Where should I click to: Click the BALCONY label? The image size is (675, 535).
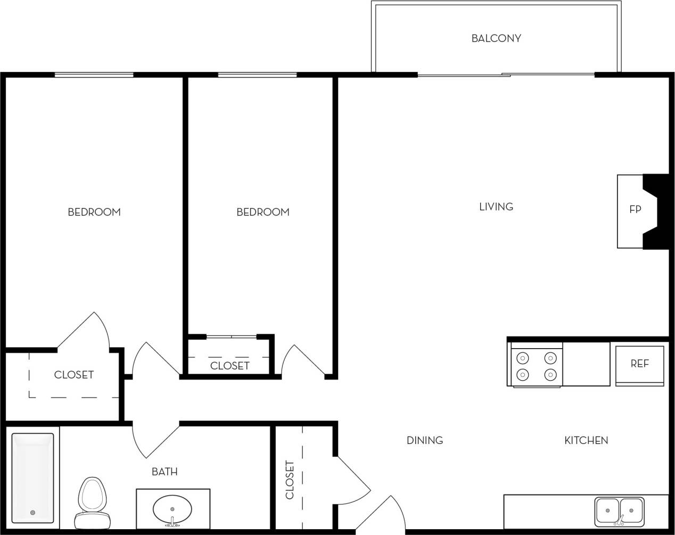point(496,38)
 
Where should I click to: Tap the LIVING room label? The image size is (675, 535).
point(496,207)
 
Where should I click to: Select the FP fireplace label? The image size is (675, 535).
point(635,209)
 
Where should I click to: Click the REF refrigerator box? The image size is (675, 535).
point(639,365)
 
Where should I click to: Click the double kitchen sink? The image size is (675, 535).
point(619,510)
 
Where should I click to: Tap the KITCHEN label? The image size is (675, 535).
point(586,440)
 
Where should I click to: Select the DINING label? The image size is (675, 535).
point(424,440)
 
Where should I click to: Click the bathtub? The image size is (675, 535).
point(33,478)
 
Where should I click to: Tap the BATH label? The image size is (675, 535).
point(164,472)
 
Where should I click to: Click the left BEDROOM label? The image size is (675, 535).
point(94,212)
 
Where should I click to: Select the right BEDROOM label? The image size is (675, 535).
point(262,212)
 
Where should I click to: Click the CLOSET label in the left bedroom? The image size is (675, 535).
point(73,375)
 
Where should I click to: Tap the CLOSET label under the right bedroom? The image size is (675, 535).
point(229,366)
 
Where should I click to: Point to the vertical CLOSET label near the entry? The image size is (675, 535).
point(290,479)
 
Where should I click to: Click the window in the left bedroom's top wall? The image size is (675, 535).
point(94,75)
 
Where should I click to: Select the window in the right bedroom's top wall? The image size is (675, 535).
point(257,75)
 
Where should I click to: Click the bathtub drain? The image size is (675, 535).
point(32,513)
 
